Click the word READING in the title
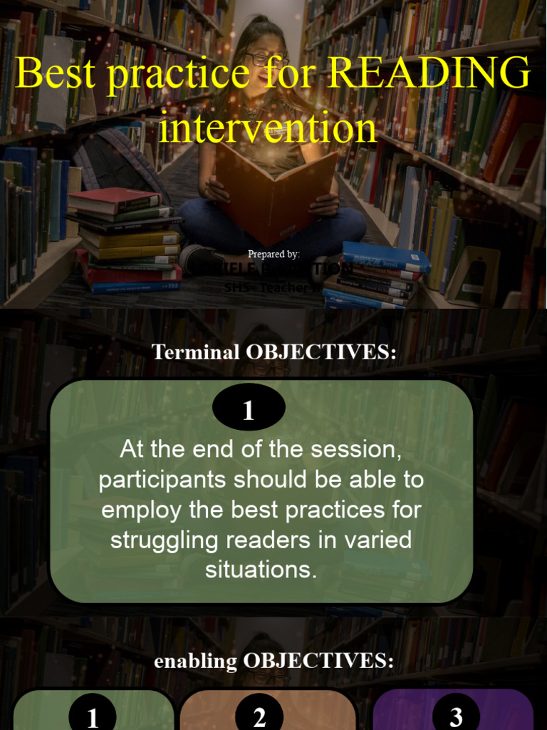pyautogui.click(x=430, y=73)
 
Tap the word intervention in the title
pyautogui.click(x=267, y=128)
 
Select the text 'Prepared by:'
pyautogui.click(x=273, y=254)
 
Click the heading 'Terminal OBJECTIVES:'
pyautogui.click(x=273, y=352)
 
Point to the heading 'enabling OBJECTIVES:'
pyautogui.click(x=273, y=661)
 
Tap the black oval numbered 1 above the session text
pyautogui.click(x=249, y=411)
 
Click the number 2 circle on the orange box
pyautogui.click(x=259, y=716)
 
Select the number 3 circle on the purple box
pyautogui.click(x=456, y=716)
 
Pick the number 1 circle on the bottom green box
pyautogui.click(x=93, y=716)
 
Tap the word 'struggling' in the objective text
pyautogui.click(x=163, y=540)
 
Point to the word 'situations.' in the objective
pyautogui.click(x=261, y=570)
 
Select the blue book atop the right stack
pyautogui.click(x=385, y=256)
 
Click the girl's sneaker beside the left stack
pyautogui.click(x=200, y=258)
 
